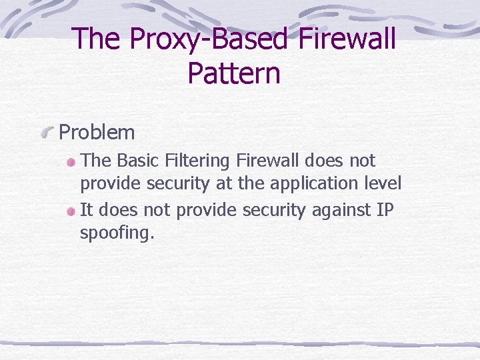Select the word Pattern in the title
point(234,73)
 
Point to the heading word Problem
point(97,132)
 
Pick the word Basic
point(140,161)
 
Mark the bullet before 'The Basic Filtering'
point(71,162)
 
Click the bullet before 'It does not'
point(71,211)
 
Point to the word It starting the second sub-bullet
point(86,210)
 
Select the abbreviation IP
point(385,210)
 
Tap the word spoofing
point(117,234)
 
